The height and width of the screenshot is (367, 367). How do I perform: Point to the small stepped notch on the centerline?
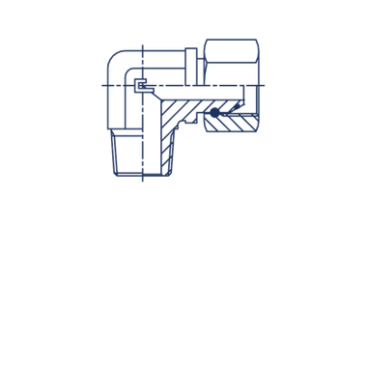pos(141,88)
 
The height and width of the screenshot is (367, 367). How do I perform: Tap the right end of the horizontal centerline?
pos(267,88)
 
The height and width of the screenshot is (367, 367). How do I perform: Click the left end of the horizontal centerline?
pos(100,88)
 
